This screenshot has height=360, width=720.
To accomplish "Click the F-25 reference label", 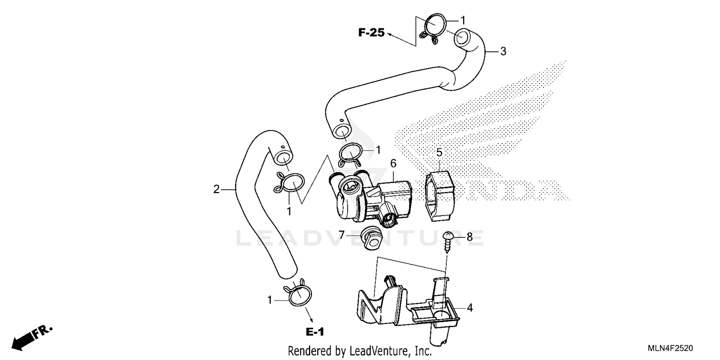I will [x=372, y=33].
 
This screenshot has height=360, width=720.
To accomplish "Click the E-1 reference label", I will [x=315, y=332].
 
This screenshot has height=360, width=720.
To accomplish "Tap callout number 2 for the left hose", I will [x=216, y=189].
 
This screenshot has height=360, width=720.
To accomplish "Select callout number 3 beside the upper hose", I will [x=503, y=51].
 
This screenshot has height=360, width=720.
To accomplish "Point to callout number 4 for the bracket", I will [x=469, y=308].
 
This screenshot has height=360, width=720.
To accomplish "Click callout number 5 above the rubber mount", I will [x=439, y=153].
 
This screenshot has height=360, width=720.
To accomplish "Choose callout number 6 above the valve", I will [x=393, y=163].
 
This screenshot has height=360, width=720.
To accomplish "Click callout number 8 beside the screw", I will [x=469, y=236].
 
